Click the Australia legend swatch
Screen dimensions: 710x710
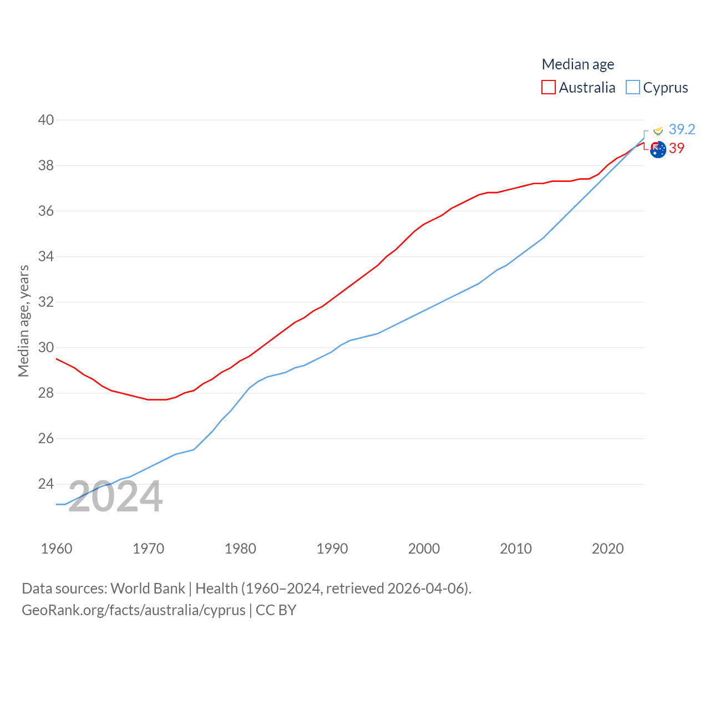click(x=548, y=88)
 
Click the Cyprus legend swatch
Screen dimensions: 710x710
click(x=632, y=88)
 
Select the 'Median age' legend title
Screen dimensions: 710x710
click(x=577, y=64)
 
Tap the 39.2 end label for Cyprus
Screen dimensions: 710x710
click(x=682, y=129)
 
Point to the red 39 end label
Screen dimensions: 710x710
click(x=676, y=148)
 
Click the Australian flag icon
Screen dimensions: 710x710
click(x=658, y=150)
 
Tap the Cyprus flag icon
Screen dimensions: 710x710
click(x=658, y=130)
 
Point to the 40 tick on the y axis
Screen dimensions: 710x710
click(x=46, y=120)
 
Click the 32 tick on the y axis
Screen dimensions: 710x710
click(x=46, y=302)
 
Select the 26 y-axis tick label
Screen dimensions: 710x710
click(x=46, y=439)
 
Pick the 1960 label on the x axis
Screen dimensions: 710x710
click(x=57, y=549)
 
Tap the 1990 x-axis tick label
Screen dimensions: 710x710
click(x=332, y=549)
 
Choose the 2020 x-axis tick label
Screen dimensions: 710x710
click(x=607, y=549)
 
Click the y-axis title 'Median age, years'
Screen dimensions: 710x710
click(x=23, y=321)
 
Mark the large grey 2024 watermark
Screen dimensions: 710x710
click(x=115, y=496)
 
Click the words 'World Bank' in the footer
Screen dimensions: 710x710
click(x=148, y=588)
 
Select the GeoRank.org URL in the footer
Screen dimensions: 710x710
click(x=133, y=610)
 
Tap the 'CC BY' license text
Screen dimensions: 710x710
click(x=276, y=610)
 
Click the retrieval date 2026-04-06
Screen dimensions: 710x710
click(x=428, y=588)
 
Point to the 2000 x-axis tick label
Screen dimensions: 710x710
click(x=424, y=549)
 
